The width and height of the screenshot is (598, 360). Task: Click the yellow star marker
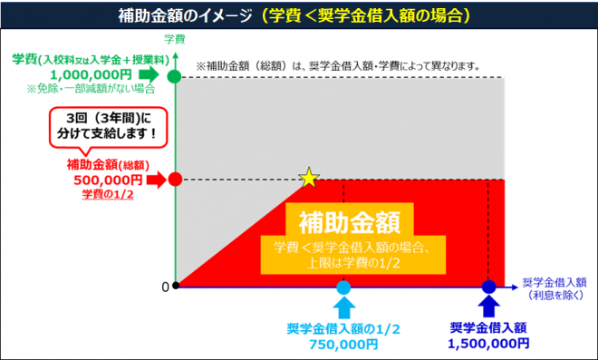[x=309, y=178]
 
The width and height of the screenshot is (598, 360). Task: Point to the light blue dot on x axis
[x=343, y=287]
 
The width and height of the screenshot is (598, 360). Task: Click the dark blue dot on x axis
[x=489, y=287]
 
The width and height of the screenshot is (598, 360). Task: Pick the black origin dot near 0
[x=176, y=287]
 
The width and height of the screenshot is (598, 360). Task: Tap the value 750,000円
[x=342, y=345]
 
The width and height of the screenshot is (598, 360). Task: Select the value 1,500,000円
[x=488, y=345]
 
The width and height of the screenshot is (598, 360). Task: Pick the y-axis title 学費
[x=175, y=39]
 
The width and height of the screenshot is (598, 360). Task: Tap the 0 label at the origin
[x=165, y=287]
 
